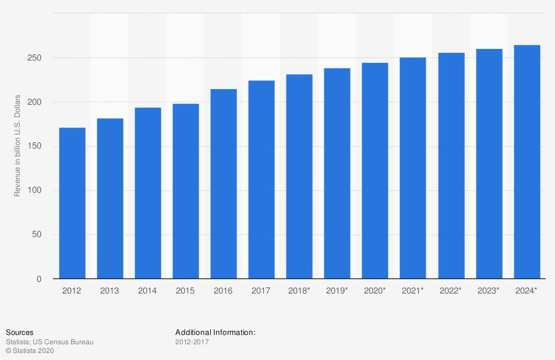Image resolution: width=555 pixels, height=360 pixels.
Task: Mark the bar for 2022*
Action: point(451,165)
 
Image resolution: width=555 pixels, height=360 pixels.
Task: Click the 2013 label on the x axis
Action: point(109,290)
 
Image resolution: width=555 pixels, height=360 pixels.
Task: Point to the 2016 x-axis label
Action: point(223,290)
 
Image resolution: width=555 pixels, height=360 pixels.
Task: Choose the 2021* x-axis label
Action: point(413,290)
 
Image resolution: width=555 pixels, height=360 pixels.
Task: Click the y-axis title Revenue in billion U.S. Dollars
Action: point(18,145)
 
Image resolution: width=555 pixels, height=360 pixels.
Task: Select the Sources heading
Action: point(19,333)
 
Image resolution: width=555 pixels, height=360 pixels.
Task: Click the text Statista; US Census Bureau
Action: point(50,342)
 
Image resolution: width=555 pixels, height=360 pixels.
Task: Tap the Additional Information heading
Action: point(215,333)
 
